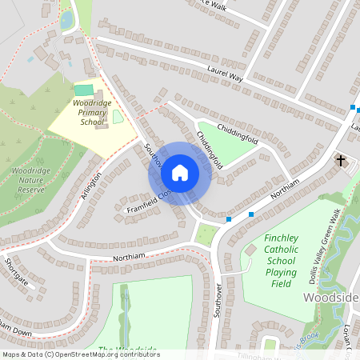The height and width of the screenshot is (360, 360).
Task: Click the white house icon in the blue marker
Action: coord(180,173)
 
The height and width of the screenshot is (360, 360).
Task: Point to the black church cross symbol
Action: coord(341,161)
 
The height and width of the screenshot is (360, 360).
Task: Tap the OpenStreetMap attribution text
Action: coord(80,354)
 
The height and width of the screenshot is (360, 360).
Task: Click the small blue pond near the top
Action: coord(66,18)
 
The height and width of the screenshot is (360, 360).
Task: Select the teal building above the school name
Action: coord(84,90)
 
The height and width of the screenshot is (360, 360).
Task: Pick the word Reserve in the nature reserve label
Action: coord(33,191)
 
